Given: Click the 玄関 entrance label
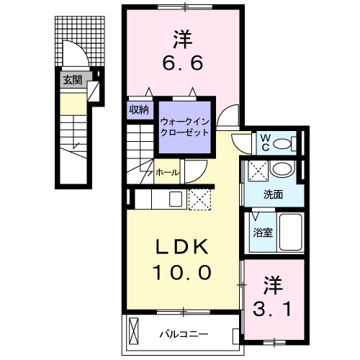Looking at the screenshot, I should pyautogui.click(x=71, y=79).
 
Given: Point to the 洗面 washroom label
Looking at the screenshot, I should pyautogui.click(x=272, y=194).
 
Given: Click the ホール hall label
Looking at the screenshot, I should pyautogui.click(x=166, y=173).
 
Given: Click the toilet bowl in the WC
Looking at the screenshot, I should pyautogui.click(x=286, y=143).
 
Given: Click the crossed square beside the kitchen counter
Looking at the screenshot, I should pyautogui.click(x=197, y=199).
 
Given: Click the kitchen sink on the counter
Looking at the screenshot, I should pyautogui.click(x=176, y=199).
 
